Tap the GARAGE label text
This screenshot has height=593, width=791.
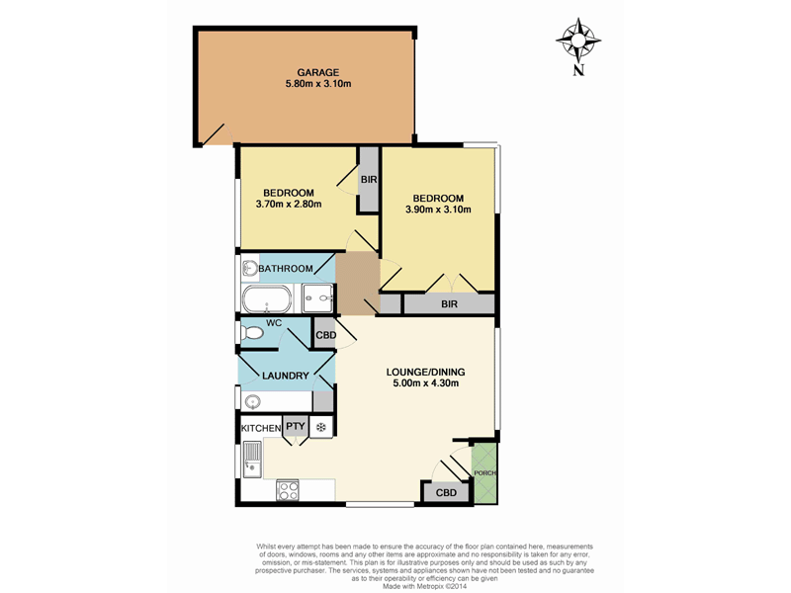318,72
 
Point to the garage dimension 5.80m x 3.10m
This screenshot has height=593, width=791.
318,84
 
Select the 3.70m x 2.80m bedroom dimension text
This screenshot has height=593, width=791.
289,205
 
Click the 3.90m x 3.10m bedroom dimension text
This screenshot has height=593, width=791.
438,209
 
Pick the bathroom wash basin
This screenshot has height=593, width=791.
248,269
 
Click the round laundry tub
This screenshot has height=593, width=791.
253,402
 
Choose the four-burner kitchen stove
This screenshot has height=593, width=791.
289,488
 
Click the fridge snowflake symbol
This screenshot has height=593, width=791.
320,427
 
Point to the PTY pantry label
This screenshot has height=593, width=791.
295,427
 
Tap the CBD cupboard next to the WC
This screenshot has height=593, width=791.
324,335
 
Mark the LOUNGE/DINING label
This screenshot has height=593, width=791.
424,373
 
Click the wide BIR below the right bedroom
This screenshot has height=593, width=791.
448,305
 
